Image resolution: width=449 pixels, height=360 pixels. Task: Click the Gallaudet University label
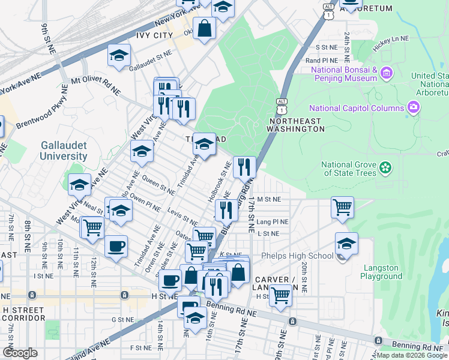[64, 151]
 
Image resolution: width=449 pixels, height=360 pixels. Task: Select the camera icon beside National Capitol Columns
[412, 108]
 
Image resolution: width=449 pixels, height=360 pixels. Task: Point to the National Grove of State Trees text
[349, 169]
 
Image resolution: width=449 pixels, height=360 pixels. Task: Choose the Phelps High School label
[297, 256]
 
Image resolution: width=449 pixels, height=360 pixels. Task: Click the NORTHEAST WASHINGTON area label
[296, 125]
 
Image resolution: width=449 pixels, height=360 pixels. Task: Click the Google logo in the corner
[20, 353]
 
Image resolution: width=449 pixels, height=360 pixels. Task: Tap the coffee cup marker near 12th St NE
[116, 245]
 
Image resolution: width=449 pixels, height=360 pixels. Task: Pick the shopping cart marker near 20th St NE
[342, 208]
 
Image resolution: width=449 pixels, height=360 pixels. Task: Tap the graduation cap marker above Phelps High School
[346, 243]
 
